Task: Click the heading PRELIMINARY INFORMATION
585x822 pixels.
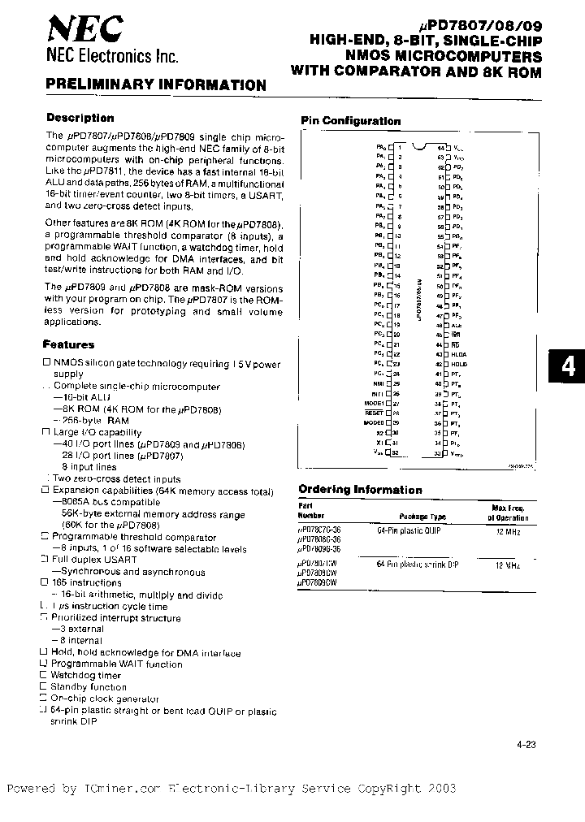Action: pos(155,84)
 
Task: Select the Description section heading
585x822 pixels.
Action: pos(80,118)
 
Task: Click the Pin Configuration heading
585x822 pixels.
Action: pos(351,121)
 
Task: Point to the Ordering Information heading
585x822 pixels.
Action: pos(360,490)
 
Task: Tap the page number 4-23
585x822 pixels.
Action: pos(526,744)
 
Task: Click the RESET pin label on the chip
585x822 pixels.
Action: pos(374,413)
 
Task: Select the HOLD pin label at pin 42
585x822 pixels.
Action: pos(460,365)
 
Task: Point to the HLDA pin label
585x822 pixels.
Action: pos(460,355)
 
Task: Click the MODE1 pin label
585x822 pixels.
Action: pos(374,403)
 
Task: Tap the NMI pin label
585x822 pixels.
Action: pos(378,383)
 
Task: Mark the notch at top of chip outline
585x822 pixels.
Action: pos(418,147)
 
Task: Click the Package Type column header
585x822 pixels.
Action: pos(422,517)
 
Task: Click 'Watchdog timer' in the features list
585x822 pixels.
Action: pos(85,675)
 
